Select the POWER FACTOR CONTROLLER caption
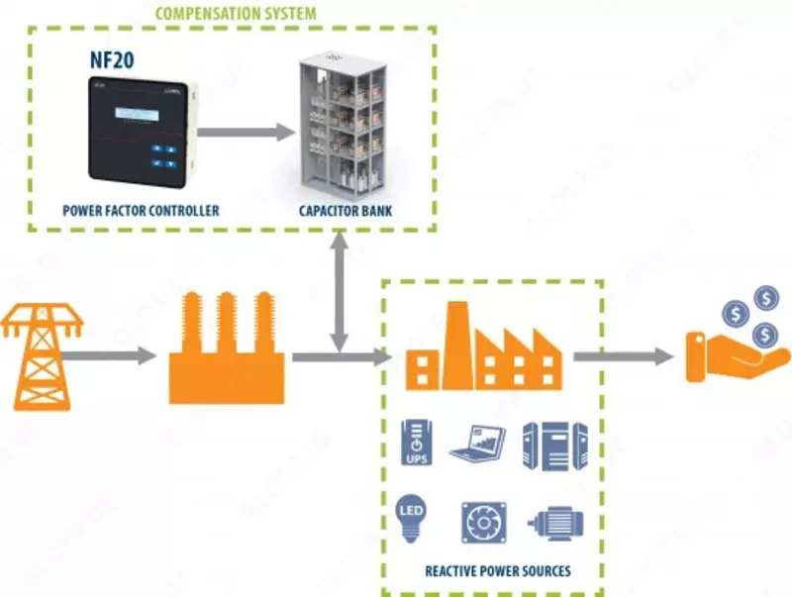coord(140,211)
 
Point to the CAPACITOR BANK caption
coord(342,211)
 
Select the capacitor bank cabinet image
coord(343,126)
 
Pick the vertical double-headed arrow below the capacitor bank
coord(340,293)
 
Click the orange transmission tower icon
coord(42,356)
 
